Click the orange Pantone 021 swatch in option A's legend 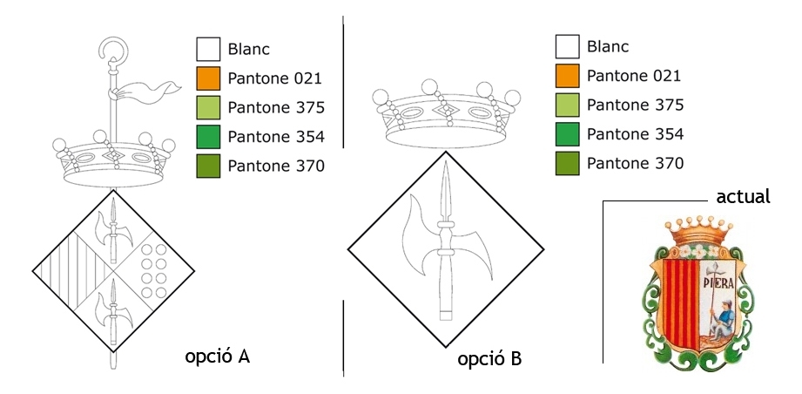point(208,78)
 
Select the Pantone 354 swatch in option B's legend point(567,134)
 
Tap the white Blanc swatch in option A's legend point(208,49)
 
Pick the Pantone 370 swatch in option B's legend point(567,163)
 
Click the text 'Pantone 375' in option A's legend point(276,108)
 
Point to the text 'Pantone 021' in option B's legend point(634,76)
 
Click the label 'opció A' point(218,357)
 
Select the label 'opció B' point(489,358)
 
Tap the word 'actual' point(743,196)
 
